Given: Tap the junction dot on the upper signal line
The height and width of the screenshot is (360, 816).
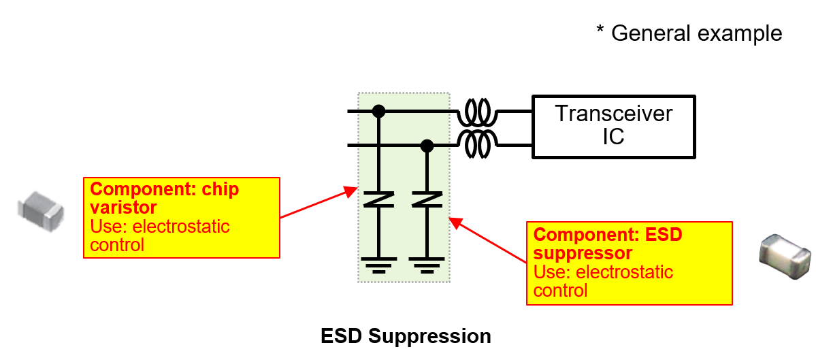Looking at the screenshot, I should pos(379,111).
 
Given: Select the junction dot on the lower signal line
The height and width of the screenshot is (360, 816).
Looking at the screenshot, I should pos(427,145).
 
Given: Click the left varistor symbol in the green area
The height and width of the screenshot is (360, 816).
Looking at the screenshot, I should pos(379,199).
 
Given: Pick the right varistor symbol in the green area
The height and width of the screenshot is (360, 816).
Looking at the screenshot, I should pos(427,199).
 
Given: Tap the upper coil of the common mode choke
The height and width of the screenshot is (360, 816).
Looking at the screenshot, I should pos(477,111).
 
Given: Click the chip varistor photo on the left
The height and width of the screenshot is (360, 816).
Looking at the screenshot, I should pos(40,206).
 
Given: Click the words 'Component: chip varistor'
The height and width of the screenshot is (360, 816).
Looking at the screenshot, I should pos(165,198).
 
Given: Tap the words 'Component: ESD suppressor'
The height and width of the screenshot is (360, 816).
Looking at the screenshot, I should pos(608,244).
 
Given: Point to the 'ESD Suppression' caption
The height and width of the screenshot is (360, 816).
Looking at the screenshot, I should pos(406,336).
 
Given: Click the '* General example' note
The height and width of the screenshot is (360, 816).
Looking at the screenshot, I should pos(689,33).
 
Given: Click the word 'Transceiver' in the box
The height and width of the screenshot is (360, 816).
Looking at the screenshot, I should pos(613,113).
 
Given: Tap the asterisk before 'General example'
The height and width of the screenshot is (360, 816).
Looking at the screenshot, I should pos(600,31).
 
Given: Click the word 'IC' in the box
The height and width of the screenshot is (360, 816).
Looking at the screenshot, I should pos(613,137).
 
